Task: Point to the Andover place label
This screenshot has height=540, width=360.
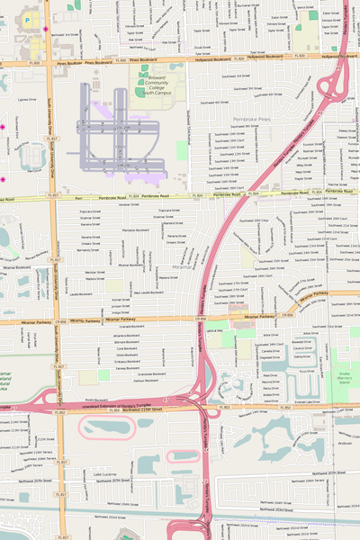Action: tap(345, 443)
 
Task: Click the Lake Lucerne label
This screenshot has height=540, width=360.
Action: tap(104, 472)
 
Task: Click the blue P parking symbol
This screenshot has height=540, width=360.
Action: tap(27, 17)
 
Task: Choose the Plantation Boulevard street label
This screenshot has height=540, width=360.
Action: tap(135, 230)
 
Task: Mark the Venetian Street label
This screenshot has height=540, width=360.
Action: tap(129, 204)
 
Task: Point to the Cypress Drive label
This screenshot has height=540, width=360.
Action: tap(27, 100)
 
